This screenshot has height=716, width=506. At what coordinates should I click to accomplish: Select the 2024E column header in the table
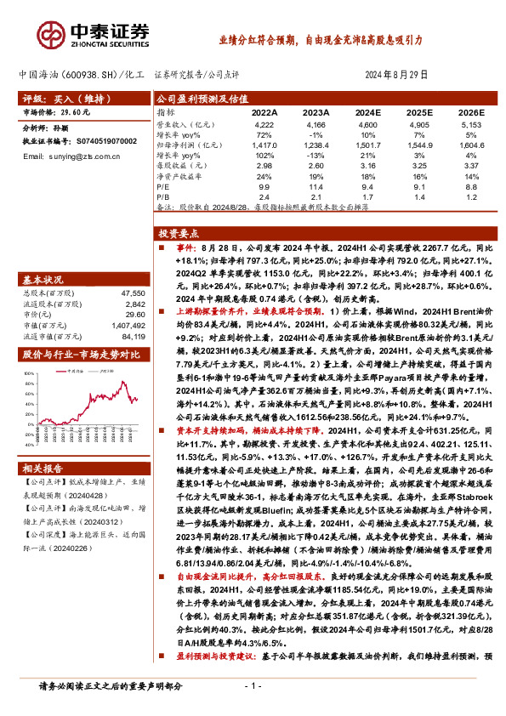tap(367, 111)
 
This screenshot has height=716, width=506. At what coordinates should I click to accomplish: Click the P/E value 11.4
tap(316, 185)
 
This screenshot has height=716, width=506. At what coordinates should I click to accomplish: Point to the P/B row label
tap(164, 196)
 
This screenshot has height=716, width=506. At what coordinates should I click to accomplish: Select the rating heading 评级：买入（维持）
tap(54, 99)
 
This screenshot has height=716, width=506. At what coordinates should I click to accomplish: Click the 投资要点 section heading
tap(181, 232)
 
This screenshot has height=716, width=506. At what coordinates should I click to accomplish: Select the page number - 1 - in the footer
tap(253, 685)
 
